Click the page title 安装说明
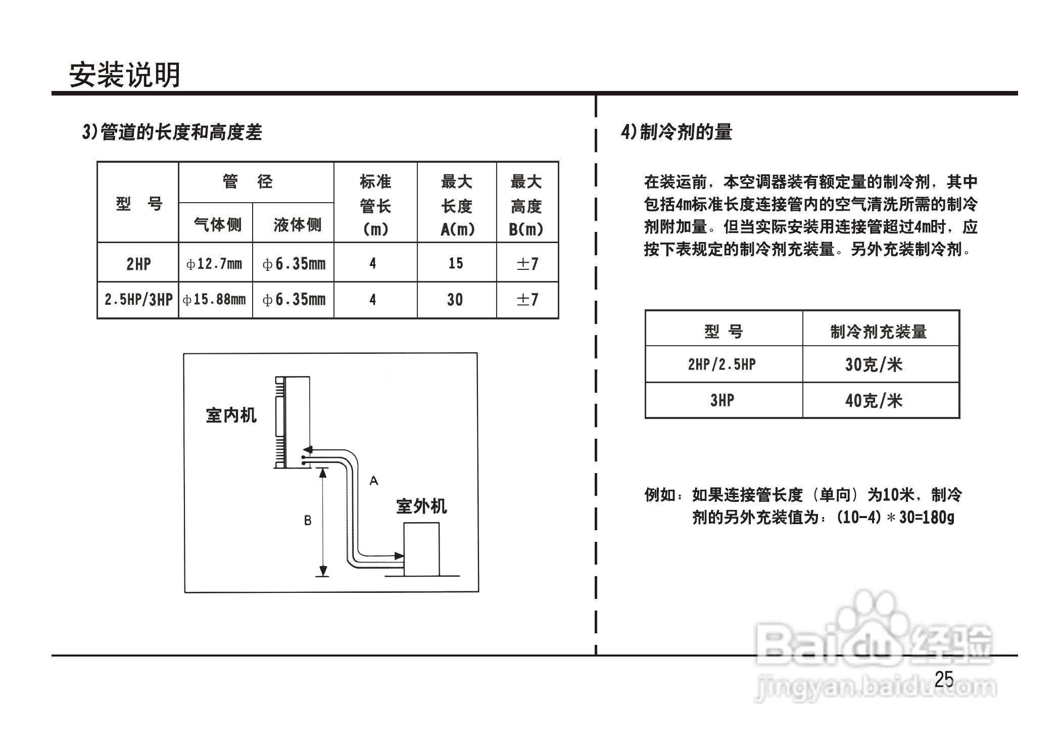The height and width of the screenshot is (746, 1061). coord(124,75)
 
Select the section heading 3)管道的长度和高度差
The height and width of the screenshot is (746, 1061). coord(172,132)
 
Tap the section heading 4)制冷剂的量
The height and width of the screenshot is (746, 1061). coord(677,132)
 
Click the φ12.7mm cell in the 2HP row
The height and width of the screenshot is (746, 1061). coord(215,264)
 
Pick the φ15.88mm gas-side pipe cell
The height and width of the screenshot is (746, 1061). coord(215,300)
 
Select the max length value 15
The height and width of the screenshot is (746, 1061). coord(456,263)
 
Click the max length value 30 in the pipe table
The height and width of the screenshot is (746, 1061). coord(455,300)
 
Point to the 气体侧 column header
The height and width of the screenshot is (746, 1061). coord(217,224)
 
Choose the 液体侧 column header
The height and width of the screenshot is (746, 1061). coord(297,224)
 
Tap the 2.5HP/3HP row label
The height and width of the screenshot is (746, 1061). coord(138,300)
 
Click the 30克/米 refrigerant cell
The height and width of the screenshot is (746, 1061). coord(874,364)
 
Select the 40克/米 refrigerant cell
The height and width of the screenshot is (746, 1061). coord(874,401)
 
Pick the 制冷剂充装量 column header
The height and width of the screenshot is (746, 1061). coord(879,332)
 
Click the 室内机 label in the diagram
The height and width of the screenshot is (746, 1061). coord(231,415)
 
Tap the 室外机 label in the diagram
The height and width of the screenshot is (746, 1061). coord(421,506)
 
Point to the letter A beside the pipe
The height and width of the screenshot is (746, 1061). coord(374,481)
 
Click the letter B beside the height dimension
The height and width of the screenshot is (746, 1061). coord(308,521)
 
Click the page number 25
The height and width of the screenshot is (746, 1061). coord(944,679)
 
